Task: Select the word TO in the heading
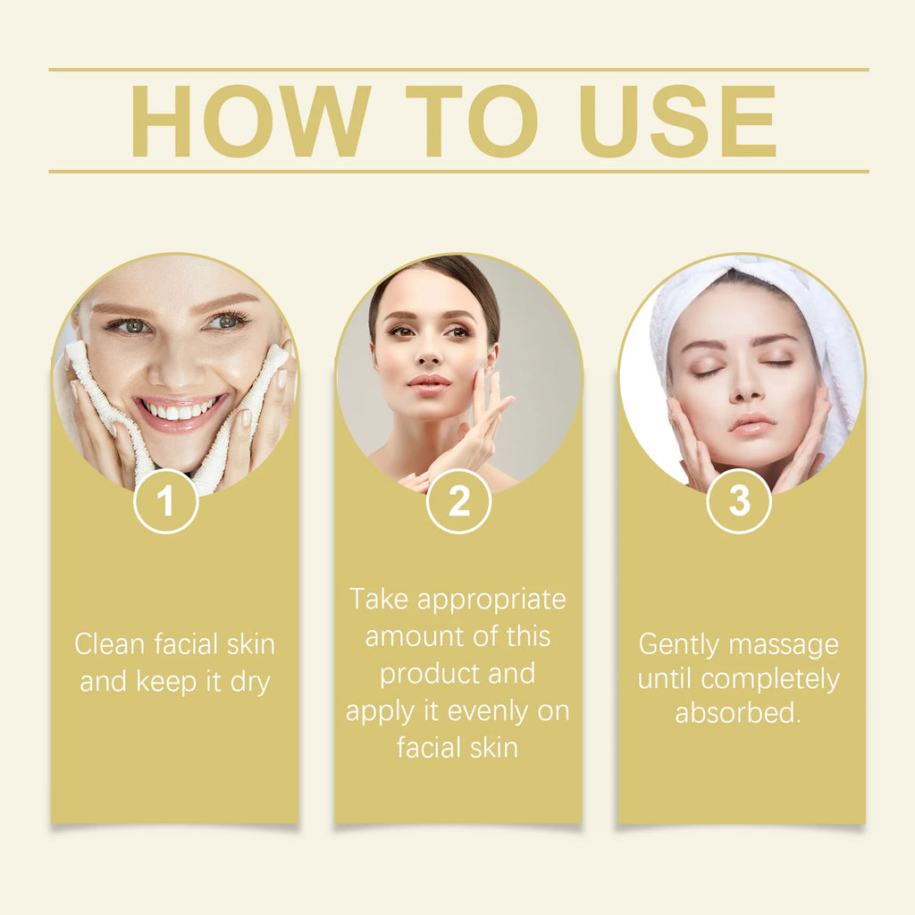pos(471,122)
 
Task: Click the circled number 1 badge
pos(165,501)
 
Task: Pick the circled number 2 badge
pos(458,501)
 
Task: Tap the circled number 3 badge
pos(739,501)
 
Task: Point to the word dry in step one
pos(250,682)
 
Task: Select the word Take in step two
pos(379,599)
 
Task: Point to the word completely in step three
pos(770,679)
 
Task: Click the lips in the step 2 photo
pos(429,384)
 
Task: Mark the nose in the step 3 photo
pos(745,384)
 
